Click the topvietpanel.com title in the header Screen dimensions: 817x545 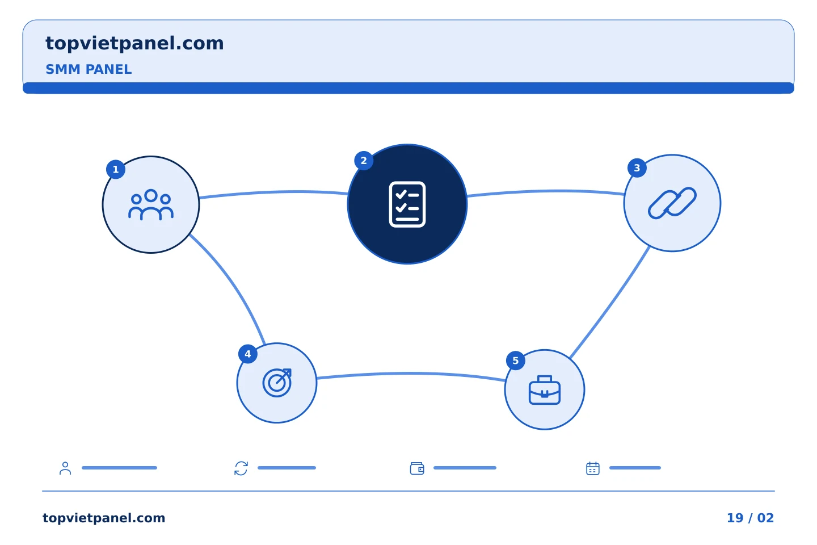(134, 44)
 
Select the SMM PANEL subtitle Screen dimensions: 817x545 (89, 69)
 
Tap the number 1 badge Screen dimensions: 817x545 (116, 169)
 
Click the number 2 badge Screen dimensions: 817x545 (364, 161)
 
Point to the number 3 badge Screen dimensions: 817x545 (637, 168)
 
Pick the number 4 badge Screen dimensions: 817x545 (247, 354)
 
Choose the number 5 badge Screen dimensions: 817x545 (515, 360)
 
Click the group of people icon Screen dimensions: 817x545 (151, 205)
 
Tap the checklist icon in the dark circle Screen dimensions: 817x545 (407, 204)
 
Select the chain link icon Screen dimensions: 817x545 (672, 203)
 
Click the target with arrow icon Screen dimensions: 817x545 (277, 383)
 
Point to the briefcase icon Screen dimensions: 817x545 (544, 390)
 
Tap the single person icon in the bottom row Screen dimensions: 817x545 (65, 468)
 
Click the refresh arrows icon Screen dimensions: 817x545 (241, 468)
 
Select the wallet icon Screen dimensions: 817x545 (417, 468)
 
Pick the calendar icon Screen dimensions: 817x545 (593, 468)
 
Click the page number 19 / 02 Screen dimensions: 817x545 (750, 518)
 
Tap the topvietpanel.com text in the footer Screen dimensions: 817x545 (104, 518)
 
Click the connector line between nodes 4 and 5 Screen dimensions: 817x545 (411, 374)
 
